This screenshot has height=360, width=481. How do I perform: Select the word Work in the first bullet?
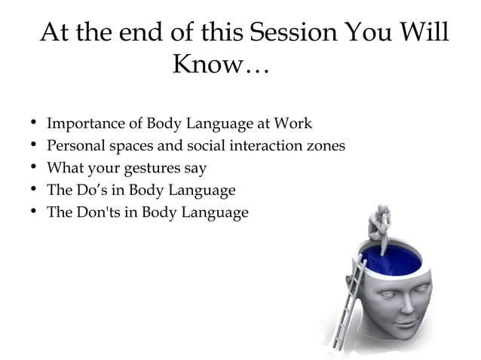tap(293, 124)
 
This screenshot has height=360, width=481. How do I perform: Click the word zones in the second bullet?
tap(325, 145)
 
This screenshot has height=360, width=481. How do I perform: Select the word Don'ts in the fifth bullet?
tap(96, 212)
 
